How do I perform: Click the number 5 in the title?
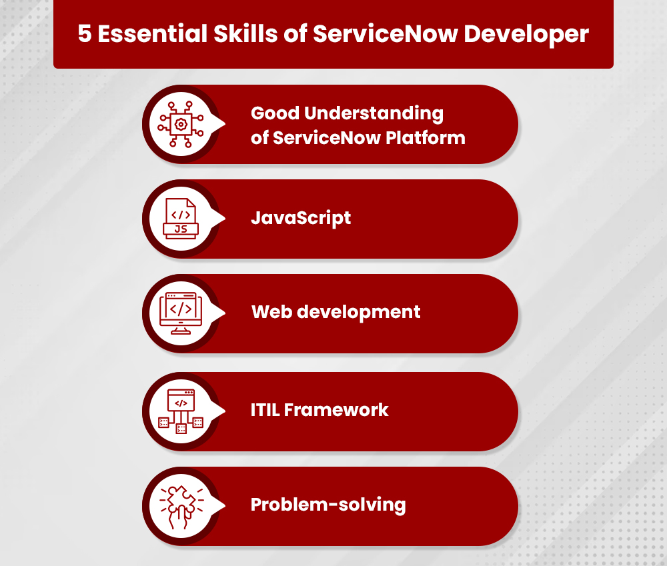(x=85, y=34)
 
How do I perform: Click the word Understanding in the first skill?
(x=374, y=114)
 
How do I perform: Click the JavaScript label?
(x=301, y=218)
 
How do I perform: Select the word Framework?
(x=336, y=409)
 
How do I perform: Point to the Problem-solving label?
(x=328, y=505)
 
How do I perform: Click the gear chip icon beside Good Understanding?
(x=180, y=124)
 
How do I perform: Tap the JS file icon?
(x=180, y=218)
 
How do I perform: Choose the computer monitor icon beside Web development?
(x=180, y=313)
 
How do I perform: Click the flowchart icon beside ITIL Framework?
(x=180, y=411)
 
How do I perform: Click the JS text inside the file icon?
(x=180, y=229)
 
